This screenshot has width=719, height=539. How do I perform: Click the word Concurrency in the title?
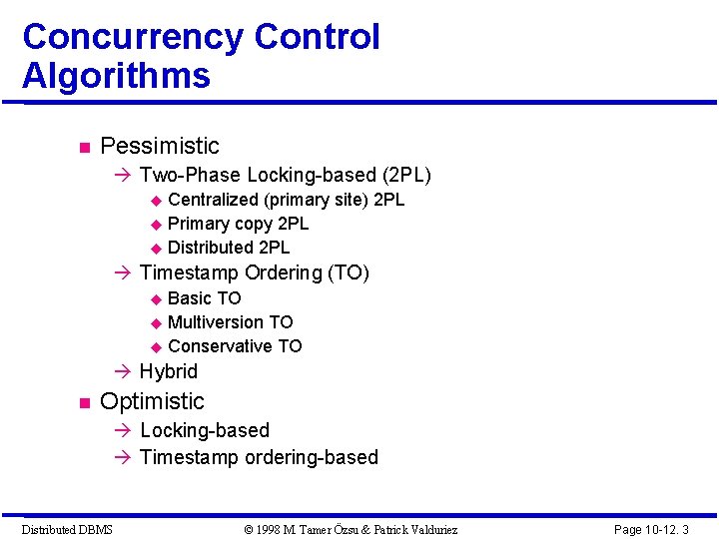(133, 38)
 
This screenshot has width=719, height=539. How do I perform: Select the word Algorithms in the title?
(116, 76)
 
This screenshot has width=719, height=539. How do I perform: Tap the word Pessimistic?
(160, 146)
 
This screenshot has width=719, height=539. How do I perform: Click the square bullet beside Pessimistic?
(84, 148)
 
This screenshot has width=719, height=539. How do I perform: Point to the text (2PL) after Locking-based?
(406, 175)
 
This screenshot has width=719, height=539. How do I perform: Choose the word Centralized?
(213, 200)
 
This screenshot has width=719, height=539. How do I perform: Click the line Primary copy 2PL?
(238, 224)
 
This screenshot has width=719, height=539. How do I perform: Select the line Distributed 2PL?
(229, 248)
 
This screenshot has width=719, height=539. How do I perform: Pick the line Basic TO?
(204, 298)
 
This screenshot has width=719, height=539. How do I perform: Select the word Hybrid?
(169, 371)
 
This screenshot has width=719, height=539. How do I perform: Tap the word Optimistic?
(152, 401)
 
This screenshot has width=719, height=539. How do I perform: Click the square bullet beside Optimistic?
(84, 403)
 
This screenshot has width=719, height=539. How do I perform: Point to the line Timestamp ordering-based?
(259, 457)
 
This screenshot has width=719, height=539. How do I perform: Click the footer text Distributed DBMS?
(67, 529)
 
